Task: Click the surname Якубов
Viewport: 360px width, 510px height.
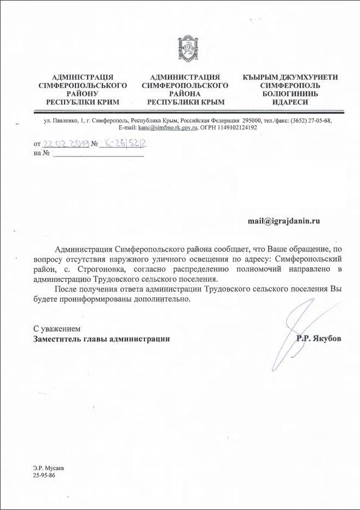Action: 326,339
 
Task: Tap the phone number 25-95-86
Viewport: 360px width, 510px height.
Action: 44,476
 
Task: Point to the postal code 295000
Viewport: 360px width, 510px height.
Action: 253,120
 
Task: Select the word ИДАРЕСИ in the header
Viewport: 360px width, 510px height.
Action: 290,102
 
